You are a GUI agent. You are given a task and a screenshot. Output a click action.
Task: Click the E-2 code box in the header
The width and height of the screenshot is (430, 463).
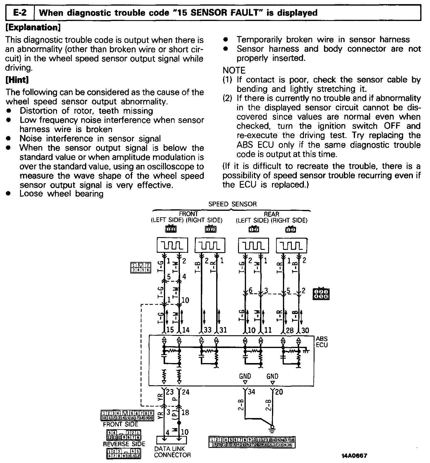click(x=20, y=13)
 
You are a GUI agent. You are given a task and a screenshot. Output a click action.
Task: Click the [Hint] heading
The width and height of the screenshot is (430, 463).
click(x=17, y=80)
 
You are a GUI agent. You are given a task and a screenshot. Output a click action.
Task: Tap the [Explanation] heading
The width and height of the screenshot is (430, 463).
click(x=33, y=28)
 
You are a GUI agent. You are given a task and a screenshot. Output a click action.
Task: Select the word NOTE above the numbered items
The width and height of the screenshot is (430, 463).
click(x=234, y=70)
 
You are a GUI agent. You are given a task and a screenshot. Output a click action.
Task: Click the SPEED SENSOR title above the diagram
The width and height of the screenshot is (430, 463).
click(x=232, y=204)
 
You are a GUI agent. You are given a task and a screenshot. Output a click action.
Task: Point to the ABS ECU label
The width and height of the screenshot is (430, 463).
click(x=322, y=342)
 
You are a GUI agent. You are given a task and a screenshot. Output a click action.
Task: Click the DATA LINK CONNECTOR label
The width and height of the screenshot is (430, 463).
click(x=172, y=452)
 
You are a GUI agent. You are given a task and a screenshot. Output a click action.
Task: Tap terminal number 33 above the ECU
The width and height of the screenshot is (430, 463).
click(x=208, y=330)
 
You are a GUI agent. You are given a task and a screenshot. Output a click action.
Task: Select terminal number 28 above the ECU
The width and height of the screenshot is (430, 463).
click(x=290, y=330)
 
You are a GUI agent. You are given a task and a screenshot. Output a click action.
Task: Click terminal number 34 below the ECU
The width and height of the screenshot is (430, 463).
click(x=252, y=392)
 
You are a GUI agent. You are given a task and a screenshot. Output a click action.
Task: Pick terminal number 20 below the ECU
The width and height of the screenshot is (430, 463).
click(x=279, y=392)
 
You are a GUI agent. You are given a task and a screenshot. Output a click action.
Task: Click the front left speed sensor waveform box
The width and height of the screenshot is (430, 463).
click(x=172, y=245)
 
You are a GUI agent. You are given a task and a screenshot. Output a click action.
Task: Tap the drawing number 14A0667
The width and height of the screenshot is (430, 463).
click(x=354, y=455)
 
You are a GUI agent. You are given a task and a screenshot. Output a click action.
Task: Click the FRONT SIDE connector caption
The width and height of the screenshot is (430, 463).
click(x=120, y=424)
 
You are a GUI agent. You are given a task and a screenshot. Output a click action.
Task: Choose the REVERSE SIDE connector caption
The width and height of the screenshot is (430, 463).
click(x=124, y=444)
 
